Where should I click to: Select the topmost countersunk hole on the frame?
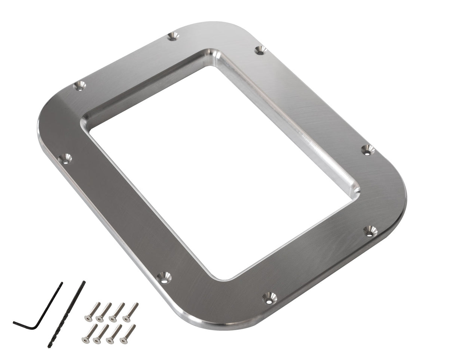pos(173,36)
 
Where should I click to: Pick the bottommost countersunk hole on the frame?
pos(269,298)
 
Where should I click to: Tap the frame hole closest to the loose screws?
pos(164,277)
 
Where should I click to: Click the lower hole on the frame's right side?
pos(370,232)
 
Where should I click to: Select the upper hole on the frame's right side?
pos(368,150)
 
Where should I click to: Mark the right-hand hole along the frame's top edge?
pos(260,50)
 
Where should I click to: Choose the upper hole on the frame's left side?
pos(79,86)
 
